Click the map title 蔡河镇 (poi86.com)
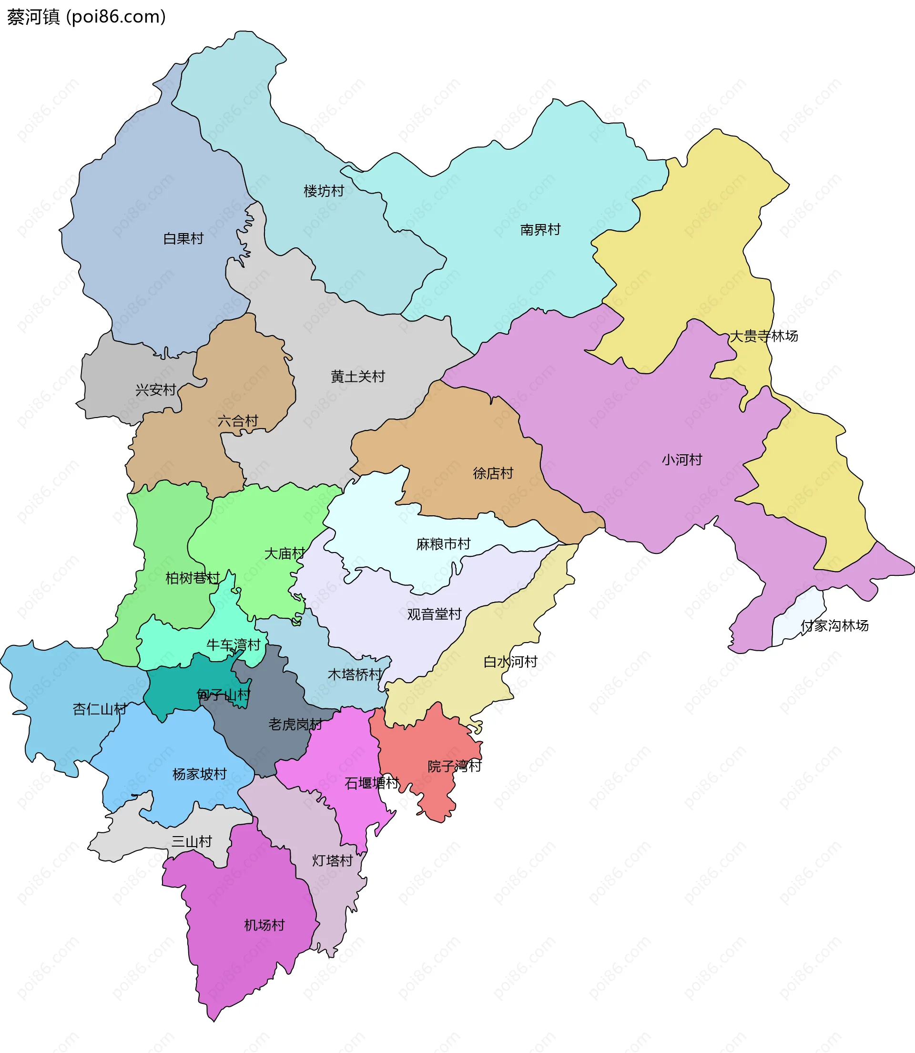(86, 17)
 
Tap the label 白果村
(183, 238)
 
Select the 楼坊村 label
(324, 191)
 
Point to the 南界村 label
(540, 230)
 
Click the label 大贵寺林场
(764, 336)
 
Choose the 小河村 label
(681, 460)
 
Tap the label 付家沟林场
(834, 625)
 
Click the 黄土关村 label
(357, 377)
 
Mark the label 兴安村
(156, 390)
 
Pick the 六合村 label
(238, 421)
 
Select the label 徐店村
(493, 473)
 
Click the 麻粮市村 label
(443, 544)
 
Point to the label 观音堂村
(434, 614)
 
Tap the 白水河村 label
(510, 662)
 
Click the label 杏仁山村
(100, 709)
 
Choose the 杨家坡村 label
(199, 774)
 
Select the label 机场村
(264, 925)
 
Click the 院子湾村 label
(455, 766)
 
